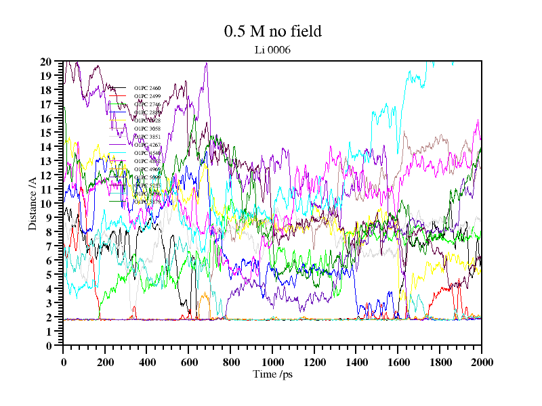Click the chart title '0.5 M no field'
[272, 31]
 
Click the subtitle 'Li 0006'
[272, 49]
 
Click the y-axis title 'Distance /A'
[32, 203]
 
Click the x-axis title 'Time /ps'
[272, 374]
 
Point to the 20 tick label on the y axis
[47, 62]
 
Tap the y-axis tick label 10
[47, 204]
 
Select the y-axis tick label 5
[49, 275]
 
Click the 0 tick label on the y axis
[49, 346]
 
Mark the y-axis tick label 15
[47, 133]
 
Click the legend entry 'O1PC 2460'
[147, 89]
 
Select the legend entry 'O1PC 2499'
[147, 97]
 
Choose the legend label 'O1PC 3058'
[147, 129]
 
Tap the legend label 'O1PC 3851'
[147, 137]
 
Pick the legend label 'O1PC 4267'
[147, 145]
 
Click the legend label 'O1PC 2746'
[147, 105]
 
